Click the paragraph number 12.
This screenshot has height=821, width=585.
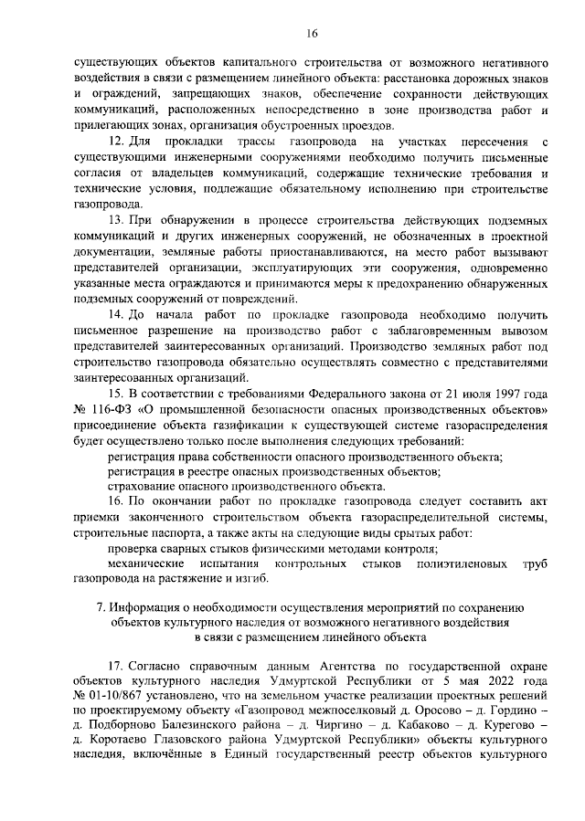116,143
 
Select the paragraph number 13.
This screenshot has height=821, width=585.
115,222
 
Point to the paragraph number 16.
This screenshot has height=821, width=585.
115,501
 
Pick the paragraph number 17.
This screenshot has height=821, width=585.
115,666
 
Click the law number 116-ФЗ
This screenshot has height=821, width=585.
113,408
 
